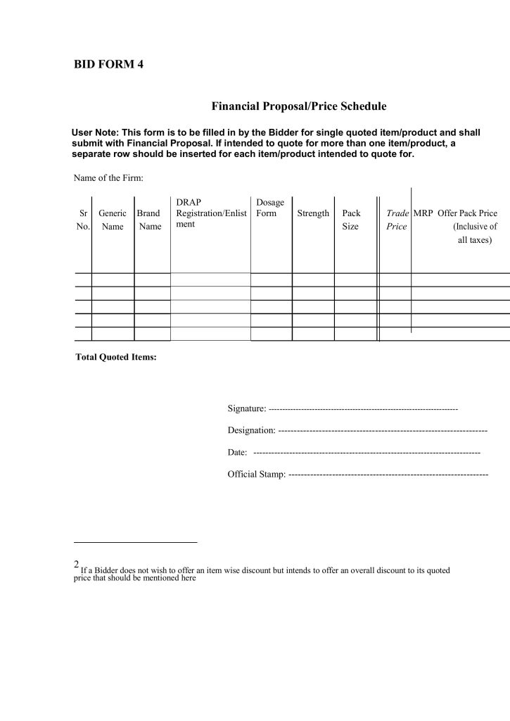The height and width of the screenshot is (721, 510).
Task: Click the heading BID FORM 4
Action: (x=108, y=65)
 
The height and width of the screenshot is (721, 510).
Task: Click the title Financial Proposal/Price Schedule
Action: (x=299, y=107)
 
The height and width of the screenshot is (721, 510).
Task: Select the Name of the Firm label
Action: (x=108, y=177)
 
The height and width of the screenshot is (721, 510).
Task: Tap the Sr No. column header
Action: (x=83, y=220)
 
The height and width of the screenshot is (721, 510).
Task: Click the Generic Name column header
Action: (x=113, y=220)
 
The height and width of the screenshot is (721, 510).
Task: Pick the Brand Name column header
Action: (x=148, y=220)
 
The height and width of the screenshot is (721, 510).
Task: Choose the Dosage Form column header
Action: (x=270, y=208)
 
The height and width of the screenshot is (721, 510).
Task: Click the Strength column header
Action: (x=313, y=213)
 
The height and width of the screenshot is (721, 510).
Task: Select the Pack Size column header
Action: (x=350, y=220)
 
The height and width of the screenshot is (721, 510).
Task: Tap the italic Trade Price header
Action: (x=397, y=220)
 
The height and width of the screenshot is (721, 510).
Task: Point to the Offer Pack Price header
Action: (x=468, y=213)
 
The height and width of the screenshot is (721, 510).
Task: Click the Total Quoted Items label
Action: (x=115, y=357)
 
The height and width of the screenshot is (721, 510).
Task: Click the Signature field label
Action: (x=246, y=408)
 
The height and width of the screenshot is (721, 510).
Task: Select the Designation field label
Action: (x=251, y=430)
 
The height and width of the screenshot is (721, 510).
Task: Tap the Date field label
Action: (x=237, y=452)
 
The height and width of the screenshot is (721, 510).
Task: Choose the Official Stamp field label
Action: (x=256, y=474)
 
